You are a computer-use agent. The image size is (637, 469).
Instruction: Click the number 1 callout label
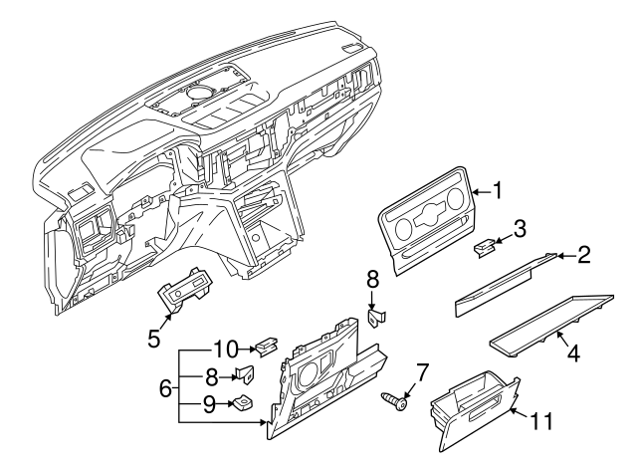[498, 189]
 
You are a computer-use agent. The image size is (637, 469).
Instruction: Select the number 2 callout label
[583, 256]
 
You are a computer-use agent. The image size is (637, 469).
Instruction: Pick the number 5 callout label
[154, 338]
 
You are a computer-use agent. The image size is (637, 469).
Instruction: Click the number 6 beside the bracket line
[166, 387]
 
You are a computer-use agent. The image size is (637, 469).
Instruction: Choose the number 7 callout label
[421, 373]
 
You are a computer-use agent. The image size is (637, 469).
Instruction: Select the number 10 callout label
[225, 350]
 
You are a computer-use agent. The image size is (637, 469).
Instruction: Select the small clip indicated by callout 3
[485, 248]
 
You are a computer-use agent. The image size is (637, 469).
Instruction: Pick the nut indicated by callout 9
[242, 404]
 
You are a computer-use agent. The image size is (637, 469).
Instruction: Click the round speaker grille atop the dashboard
[195, 94]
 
